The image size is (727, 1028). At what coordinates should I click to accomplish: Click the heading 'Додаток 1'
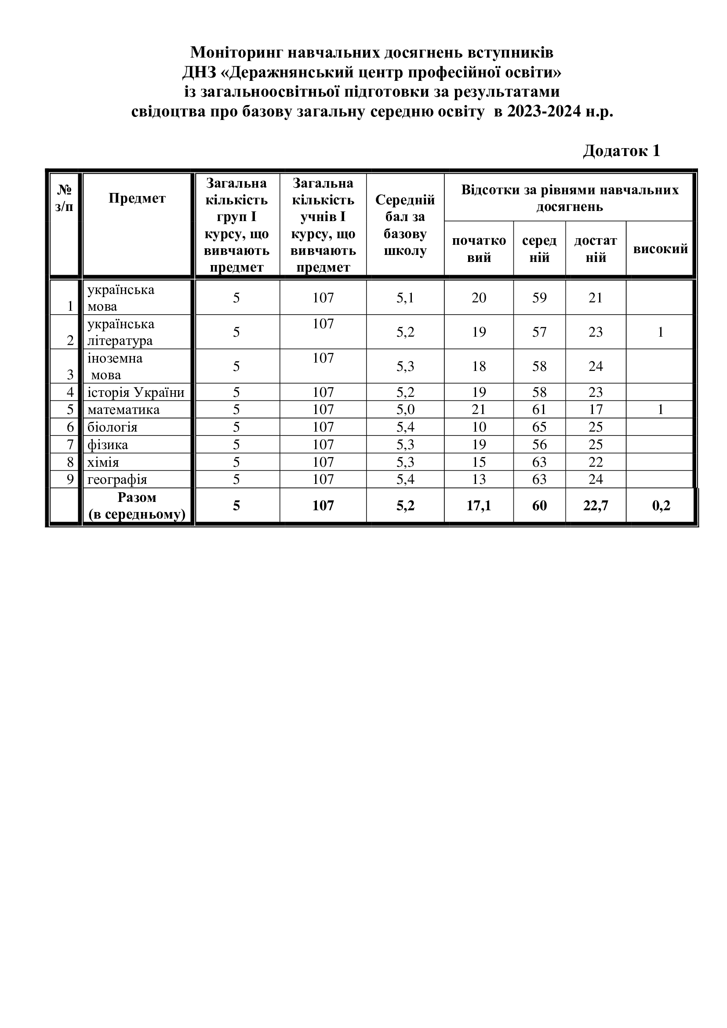[x=622, y=151]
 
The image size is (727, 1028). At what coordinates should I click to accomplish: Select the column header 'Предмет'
[x=137, y=198]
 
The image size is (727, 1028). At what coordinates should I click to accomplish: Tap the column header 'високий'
[x=660, y=249]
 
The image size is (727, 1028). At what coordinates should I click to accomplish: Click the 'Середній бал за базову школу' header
[x=405, y=225]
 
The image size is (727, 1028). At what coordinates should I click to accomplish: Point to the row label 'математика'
[x=124, y=410]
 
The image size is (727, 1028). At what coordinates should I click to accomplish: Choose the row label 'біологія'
[x=113, y=427]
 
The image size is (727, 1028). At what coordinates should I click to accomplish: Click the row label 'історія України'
[x=136, y=392]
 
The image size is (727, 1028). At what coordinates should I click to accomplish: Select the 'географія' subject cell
[x=117, y=479]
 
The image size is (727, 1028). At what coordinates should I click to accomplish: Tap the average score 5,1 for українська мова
[x=405, y=298]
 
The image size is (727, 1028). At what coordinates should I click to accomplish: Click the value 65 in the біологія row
[x=539, y=427]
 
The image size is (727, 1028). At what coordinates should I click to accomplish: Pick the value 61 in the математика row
[x=539, y=410]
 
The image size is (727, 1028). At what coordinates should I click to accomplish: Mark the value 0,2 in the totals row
[x=661, y=505]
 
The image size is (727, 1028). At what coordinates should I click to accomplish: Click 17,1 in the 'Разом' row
[x=479, y=505]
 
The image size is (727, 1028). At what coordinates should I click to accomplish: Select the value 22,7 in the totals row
[x=596, y=505]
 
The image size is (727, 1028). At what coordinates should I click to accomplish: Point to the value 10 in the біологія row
[x=479, y=427]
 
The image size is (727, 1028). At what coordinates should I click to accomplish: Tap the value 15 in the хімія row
[x=479, y=462]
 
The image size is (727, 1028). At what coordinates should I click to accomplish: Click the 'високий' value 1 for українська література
[x=661, y=332]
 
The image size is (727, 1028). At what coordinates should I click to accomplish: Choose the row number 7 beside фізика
[x=70, y=445]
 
